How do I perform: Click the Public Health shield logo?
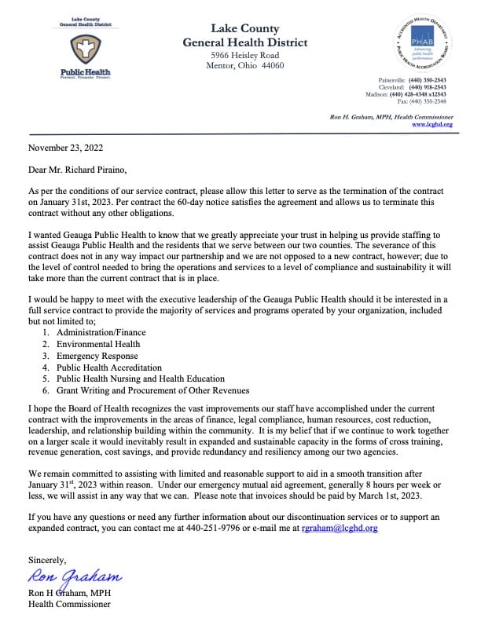point(86,49)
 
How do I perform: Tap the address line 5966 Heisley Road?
point(244,56)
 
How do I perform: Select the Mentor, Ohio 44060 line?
point(245,67)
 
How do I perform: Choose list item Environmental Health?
point(97,344)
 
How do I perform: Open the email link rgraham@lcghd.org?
point(340,529)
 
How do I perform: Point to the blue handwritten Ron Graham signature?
point(75,580)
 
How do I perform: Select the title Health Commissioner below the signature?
point(69,604)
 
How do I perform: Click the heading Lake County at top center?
point(244,28)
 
